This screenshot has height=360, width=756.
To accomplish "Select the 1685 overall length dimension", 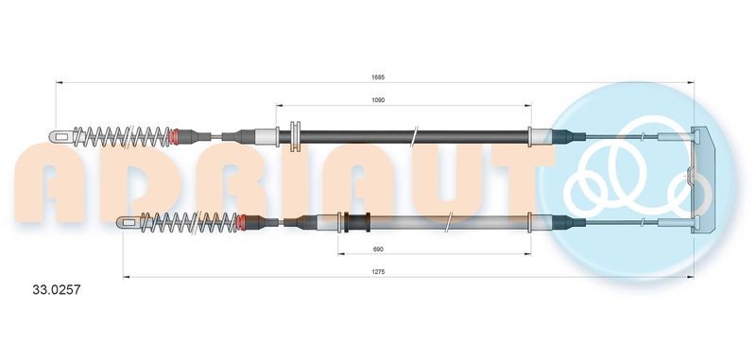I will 377,77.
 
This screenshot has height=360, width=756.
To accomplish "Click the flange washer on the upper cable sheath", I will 295,136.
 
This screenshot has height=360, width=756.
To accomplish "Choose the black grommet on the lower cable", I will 356,224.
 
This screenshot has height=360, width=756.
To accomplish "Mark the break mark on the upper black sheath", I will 414,137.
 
